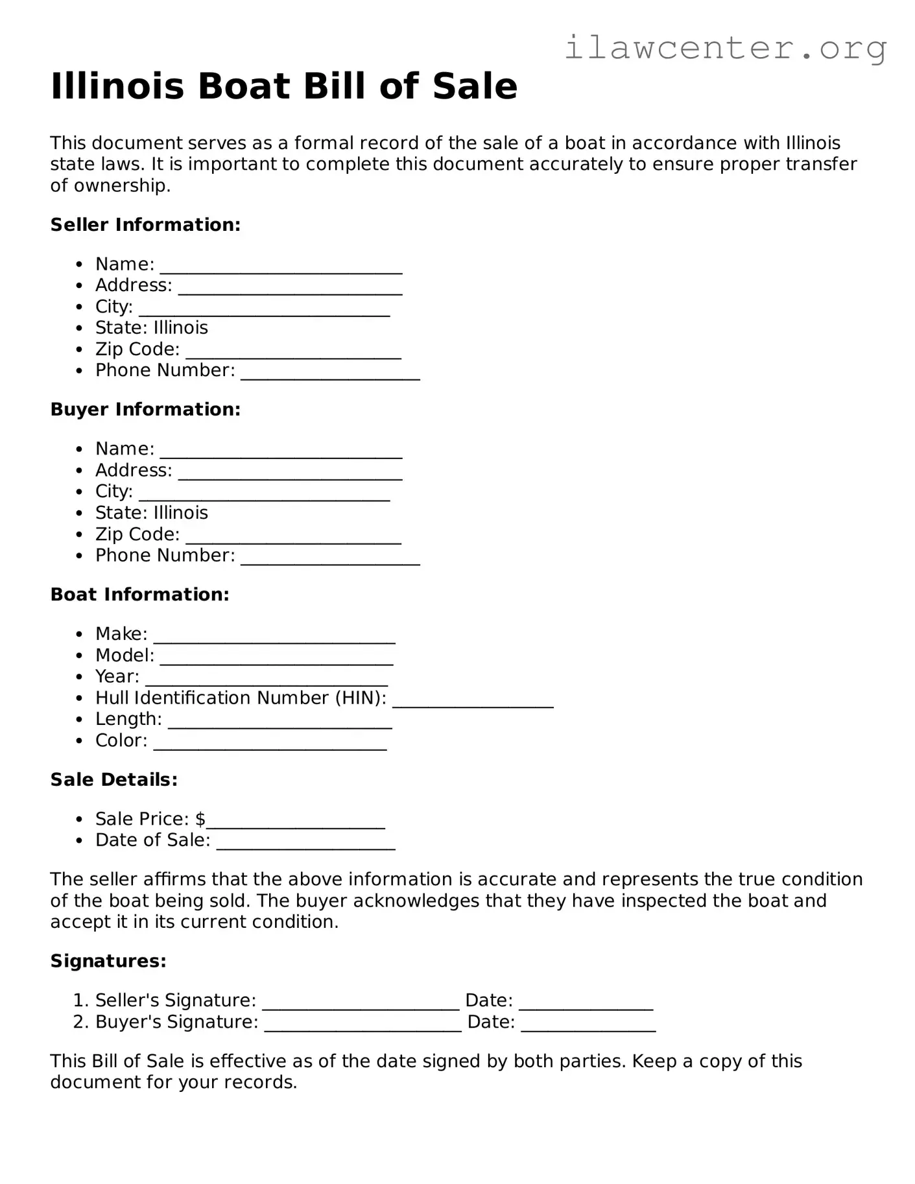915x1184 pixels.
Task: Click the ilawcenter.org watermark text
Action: [x=725, y=48]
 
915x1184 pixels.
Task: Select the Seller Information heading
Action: [x=145, y=225]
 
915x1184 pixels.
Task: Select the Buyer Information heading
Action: [x=145, y=410]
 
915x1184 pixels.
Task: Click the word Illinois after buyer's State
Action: [x=180, y=513]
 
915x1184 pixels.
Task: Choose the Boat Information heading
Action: [x=139, y=595]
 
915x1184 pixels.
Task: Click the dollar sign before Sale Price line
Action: [x=200, y=820]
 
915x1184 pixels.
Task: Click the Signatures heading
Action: [x=108, y=961]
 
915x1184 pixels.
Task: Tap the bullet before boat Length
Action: [x=79, y=720]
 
